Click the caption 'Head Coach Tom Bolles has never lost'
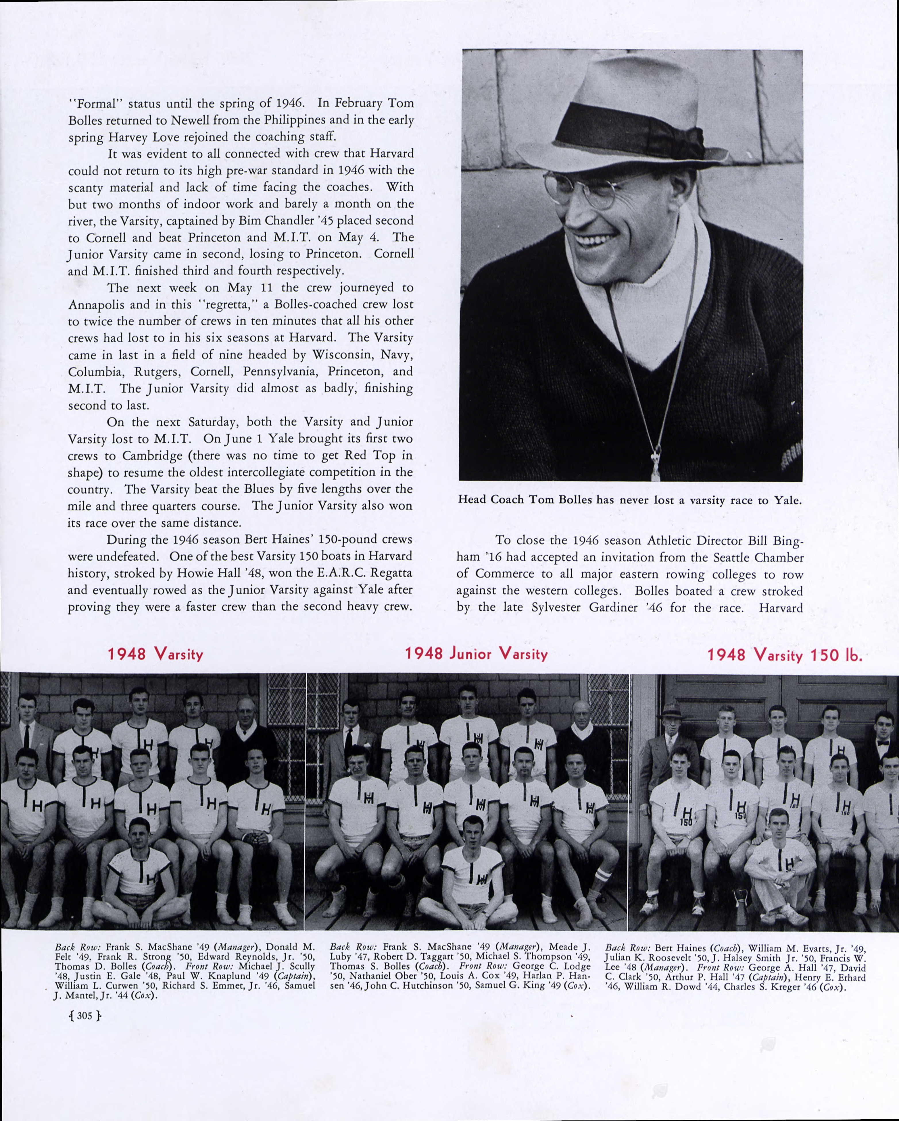pos(629,500)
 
